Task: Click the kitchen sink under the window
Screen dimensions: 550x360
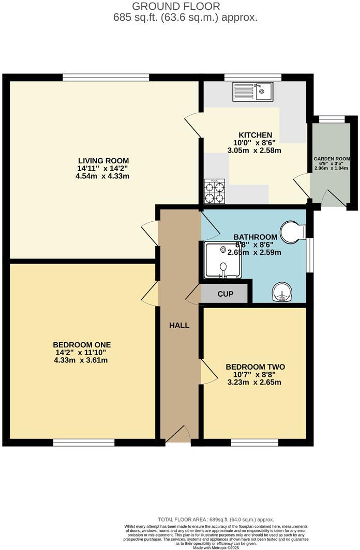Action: click(257, 92)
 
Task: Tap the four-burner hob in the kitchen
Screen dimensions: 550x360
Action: click(215, 191)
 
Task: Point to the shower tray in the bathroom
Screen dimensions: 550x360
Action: click(222, 261)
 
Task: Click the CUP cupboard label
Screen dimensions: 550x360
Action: click(225, 294)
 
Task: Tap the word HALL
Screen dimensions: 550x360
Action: click(179, 325)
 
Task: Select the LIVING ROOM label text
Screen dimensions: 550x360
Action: click(103, 160)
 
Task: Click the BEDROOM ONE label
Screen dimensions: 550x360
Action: click(82, 345)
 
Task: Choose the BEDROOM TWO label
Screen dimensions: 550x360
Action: click(255, 367)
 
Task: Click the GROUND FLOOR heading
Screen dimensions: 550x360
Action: click(176, 7)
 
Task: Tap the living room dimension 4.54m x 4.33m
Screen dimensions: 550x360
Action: click(102, 176)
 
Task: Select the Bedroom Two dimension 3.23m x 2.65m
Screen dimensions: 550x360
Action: click(255, 383)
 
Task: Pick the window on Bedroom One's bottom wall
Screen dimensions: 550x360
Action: click(84, 442)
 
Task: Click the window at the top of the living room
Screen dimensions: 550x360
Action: click(106, 78)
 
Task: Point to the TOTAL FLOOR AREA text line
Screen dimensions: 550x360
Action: click(216, 520)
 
